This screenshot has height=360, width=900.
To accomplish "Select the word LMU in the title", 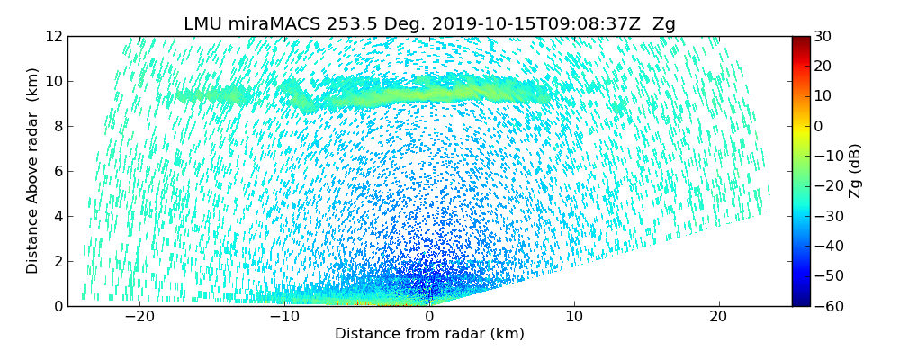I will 203,24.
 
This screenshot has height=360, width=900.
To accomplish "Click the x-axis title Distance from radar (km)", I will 429,334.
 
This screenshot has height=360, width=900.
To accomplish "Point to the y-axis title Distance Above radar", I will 33,171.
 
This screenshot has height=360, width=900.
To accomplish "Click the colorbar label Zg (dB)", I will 855,171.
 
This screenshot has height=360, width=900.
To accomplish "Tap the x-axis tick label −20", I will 139,318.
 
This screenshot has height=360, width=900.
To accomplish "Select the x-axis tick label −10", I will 283,318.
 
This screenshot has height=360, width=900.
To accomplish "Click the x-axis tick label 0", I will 429,318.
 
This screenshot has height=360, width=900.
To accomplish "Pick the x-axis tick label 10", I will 574,318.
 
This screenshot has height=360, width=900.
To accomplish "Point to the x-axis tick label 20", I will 718,318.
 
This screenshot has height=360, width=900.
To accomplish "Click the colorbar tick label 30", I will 823,37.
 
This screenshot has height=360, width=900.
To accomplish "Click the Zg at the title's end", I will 664,24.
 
